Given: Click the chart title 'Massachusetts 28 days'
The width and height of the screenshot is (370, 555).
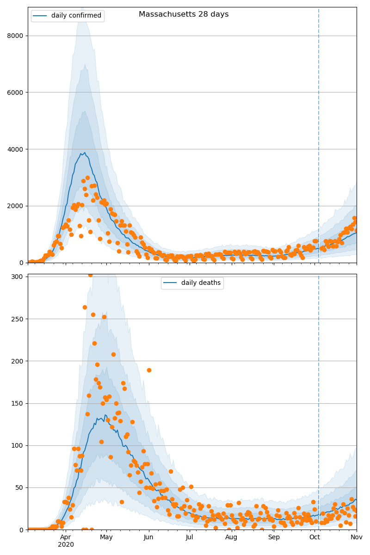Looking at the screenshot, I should click(184, 14).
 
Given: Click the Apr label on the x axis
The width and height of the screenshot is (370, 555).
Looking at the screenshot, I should click(66, 537).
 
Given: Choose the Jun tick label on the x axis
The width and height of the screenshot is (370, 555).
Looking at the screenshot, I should click(148, 537).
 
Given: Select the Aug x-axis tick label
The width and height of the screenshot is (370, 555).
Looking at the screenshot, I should click(231, 537).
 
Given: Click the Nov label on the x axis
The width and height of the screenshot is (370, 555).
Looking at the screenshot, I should click(356, 537).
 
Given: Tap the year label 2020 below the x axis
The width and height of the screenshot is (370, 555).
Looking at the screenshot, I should click(66, 545).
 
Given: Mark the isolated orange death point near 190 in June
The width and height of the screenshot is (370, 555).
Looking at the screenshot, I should click(149, 370).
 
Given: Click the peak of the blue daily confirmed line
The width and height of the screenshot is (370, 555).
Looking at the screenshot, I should click(84, 153).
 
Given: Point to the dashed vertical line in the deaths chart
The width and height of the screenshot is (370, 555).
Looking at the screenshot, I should click(319, 393).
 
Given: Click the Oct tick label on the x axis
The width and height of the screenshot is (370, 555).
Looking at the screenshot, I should click(314, 537).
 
